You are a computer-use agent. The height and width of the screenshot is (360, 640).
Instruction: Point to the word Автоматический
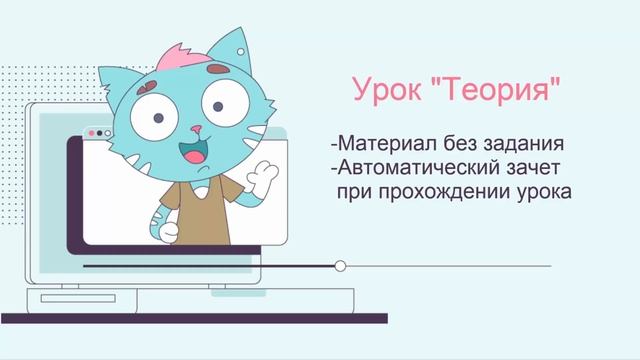(428, 164)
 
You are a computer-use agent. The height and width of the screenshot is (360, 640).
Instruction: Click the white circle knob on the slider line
(341, 266)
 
